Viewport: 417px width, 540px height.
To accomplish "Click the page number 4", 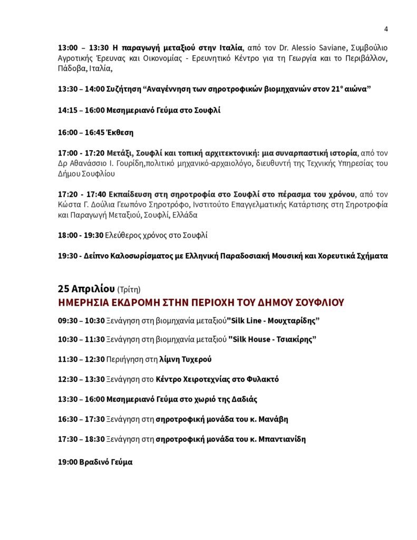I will (x=386, y=28).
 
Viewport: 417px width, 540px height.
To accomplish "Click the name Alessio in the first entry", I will (x=297, y=48).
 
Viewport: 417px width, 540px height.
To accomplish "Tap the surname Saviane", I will (x=330, y=48).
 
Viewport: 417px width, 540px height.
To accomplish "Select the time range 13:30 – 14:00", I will (x=81, y=89).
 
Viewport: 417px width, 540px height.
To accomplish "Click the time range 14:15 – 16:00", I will (x=81, y=111).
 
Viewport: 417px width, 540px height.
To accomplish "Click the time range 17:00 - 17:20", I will (x=81, y=153).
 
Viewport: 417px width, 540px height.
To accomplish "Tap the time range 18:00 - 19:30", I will (x=81, y=235).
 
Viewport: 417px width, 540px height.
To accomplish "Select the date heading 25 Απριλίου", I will (x=86, y=288).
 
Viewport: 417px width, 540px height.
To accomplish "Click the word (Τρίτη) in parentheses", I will (x=129, y=290).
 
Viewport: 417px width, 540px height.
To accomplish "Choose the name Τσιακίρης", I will (x=295, y=340).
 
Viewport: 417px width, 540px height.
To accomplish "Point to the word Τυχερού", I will (x=197, y=359).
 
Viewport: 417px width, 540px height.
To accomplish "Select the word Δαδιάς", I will (x=242, y=399).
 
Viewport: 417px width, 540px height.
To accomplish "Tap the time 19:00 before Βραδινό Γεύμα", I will (x=67, y=462).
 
